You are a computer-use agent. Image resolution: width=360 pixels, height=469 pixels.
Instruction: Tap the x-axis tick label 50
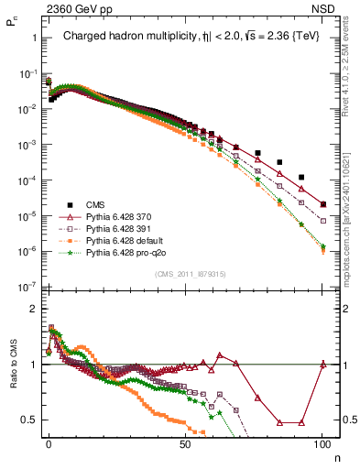click(x=185, y=442)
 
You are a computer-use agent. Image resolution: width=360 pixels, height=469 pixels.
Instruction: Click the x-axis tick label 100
click(x=322, y=442)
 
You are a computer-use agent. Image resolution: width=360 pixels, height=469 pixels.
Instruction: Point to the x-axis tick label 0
click(x=49, y=442)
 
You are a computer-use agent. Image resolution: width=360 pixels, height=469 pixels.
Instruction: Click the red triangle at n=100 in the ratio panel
click(x=322, y=365)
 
